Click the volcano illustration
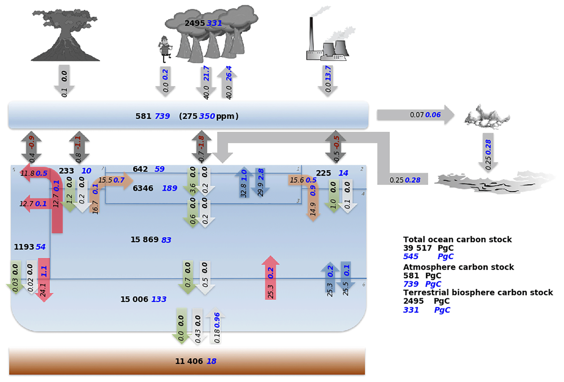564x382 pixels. click(x=65, y=35)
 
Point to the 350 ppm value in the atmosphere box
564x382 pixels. click(x=207, y=116)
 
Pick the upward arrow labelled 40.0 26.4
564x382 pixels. click(x=227, y=82)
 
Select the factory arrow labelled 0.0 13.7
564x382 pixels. click(x=328, y=80)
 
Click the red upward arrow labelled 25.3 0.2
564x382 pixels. click(x=270, y=278)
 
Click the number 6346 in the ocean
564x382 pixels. click(x=143, y=188)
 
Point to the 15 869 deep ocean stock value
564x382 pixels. click(x=144, y=240)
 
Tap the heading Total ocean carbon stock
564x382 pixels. click(x=457, y=240)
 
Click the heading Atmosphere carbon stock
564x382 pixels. click(x=458, y=267)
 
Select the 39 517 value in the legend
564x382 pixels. click(x=417, y=248)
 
